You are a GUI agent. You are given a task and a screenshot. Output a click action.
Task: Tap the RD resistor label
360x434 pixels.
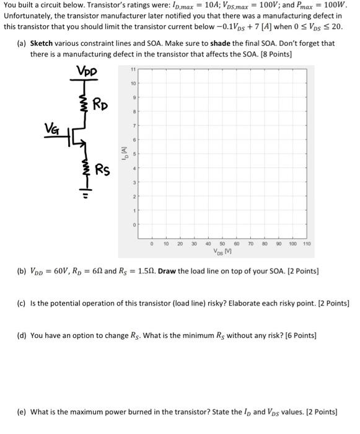102,104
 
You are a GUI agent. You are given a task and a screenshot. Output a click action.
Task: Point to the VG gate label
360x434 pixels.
52,128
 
